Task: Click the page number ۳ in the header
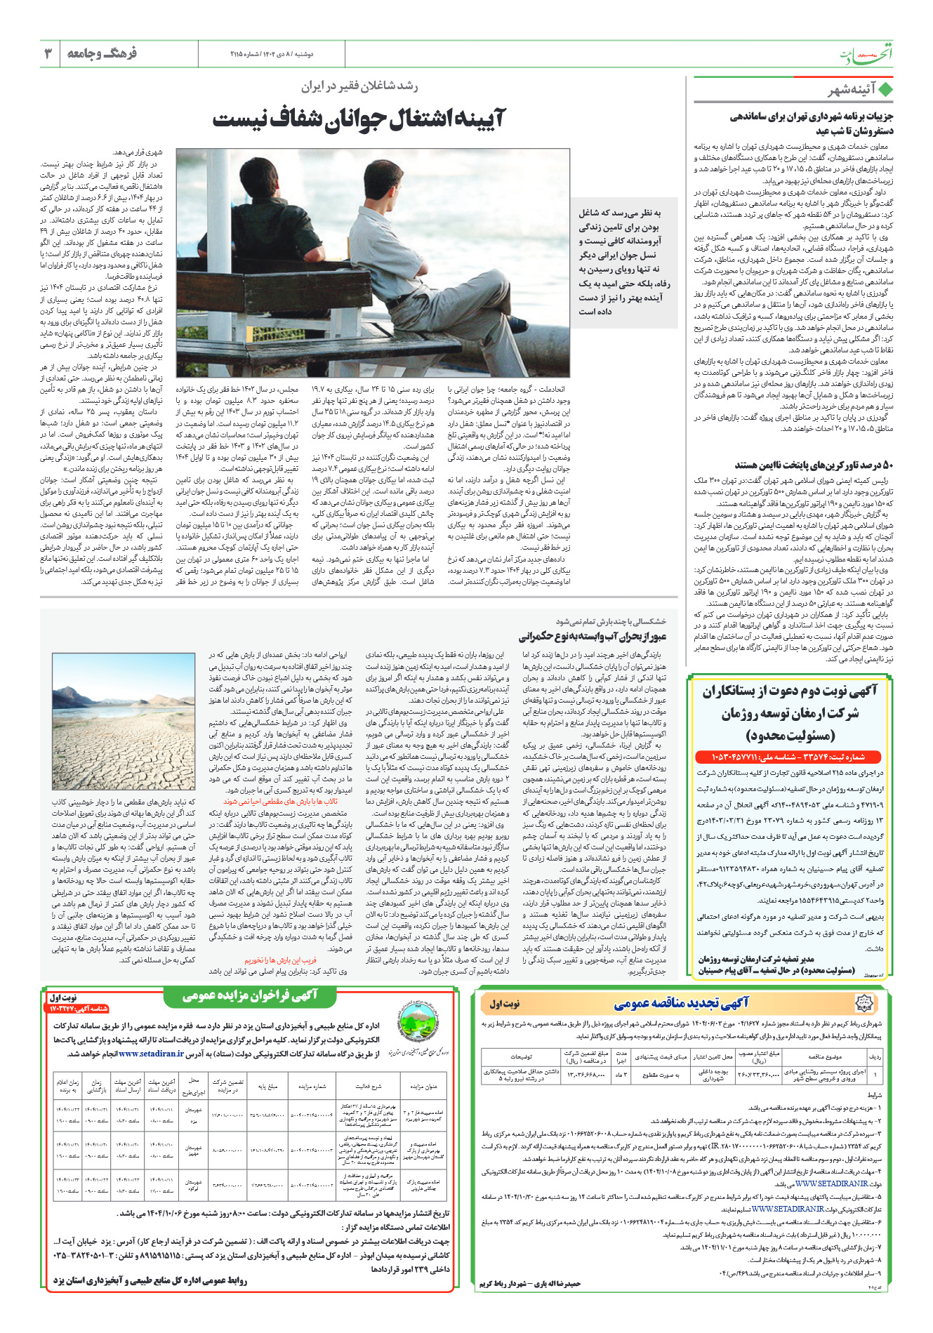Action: click(x=48, y=53)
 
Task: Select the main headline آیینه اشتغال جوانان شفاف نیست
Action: click(x=359, y=118)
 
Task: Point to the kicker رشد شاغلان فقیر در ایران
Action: click(x=359, y=86)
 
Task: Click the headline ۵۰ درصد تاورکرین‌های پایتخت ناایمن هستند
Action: click(x=814, y=465)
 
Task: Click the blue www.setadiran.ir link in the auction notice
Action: click(x=151, y=1054)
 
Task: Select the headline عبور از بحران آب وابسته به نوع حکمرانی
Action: click(x=593, y=637)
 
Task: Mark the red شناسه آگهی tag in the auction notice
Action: click(x=79, y=1009)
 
